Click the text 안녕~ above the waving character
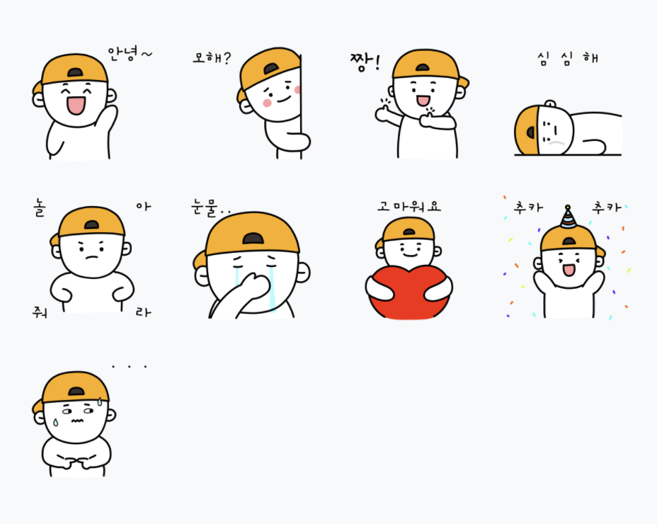(x=130, y=54)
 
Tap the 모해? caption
(x=212, y=57)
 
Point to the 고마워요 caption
(x=409, y=206)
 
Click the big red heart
(x=409, y=292)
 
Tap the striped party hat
(x=568, y=217)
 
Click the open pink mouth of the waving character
(x=76, y=106)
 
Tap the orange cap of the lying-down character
(x=526, y=130)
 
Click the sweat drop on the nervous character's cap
(x=100, y=401)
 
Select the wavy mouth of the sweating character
(x=76, y=421)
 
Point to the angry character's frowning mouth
(x=92, y=256)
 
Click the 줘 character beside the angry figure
(x=40, y=312)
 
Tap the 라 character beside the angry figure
(x=143, y=312)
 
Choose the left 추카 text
(x=528, y=207)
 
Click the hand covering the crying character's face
(x=251, y=288)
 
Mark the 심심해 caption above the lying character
(x=568, y=58)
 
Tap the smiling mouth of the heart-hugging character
(x=410, y=254)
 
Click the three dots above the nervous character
(x=129, y=367)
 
